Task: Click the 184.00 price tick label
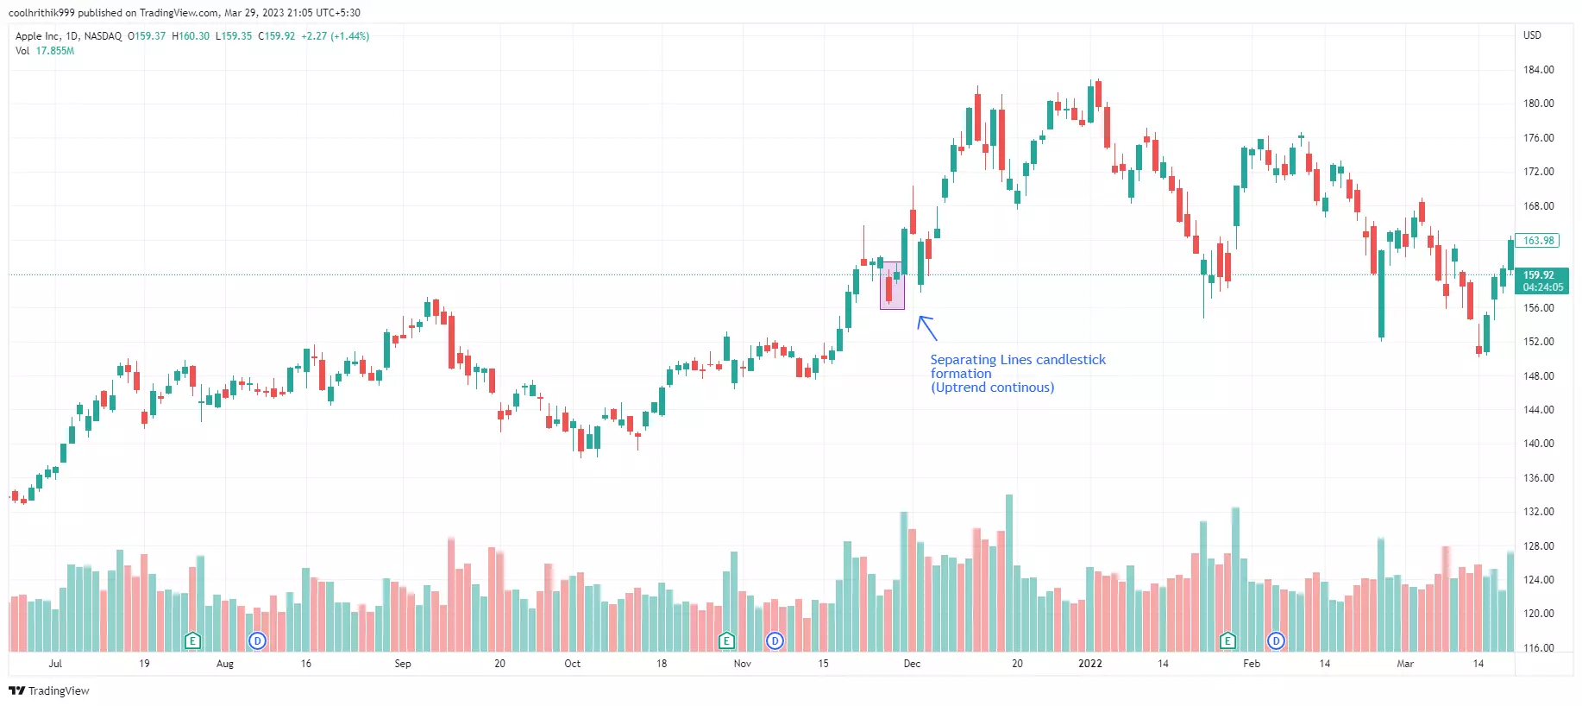tap(1538, 70)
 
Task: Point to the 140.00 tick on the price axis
tap(1538, 444)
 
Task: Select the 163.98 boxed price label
tap(1538, 241)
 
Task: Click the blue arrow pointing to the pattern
tap(926, 328)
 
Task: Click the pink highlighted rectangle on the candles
tap(892, 286)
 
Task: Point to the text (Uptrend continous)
tap(992, 388)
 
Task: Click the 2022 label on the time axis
tap(1090, 664)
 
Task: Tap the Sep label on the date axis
tap(403, 664)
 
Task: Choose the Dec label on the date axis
tap(912, 664)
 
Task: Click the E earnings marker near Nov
tap(726, 640)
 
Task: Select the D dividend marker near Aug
tap(257, 640)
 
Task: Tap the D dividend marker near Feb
tap(1276, 640)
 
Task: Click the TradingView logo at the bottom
tap(49, 690)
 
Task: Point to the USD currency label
tap(1532, 35)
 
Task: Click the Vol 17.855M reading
tap(45, 51)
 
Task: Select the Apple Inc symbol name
tap(38, 36)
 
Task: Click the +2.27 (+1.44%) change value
tap(336, 36)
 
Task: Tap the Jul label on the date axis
tap(55, 664)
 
